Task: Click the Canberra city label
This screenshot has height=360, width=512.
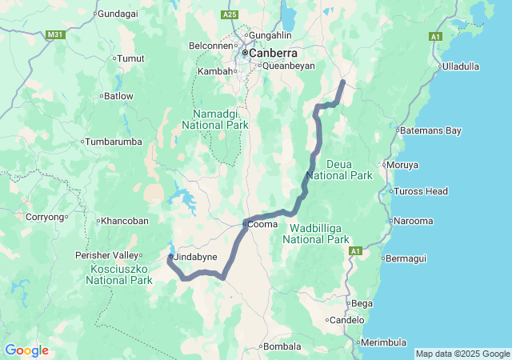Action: point(273,53)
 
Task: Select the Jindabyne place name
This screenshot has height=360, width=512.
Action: point(195,256)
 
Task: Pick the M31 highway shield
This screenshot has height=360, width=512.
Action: point(55,35)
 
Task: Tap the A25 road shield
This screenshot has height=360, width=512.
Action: point(230,14)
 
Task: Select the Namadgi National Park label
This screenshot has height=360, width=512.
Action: point(214,119)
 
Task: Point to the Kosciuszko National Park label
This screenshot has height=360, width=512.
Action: point(121,274)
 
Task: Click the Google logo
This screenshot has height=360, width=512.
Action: point(26,350)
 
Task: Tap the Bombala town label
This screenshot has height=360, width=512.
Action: point(284,346)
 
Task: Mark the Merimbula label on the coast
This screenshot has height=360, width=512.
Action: point(382,342)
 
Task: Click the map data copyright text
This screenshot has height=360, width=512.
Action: point(462,354)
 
